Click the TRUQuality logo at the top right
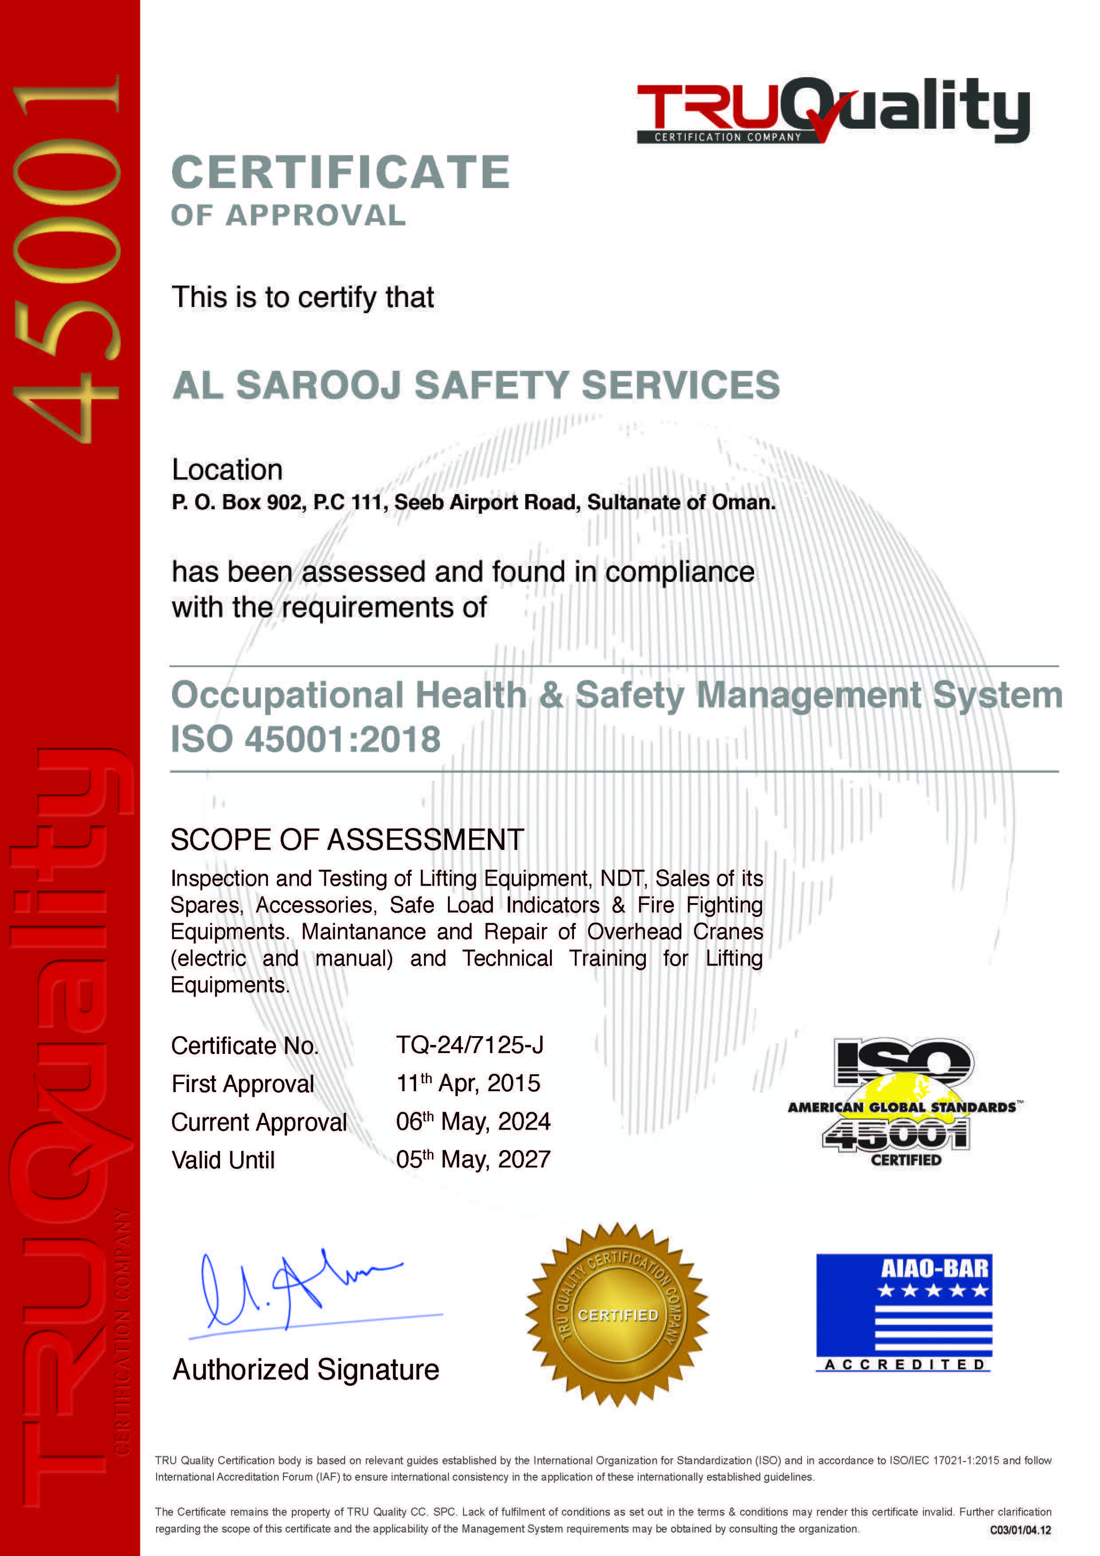point(832,111)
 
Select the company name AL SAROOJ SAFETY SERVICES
point(476,385)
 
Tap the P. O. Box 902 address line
point(473,502)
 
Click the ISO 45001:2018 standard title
point(306,739)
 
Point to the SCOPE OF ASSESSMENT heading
point(347,840)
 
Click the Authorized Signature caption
point(306,1370)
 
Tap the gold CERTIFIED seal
point(617,1314)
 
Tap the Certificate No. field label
point(245,1046)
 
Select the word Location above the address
point(227,470)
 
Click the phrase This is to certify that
point(302,298)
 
